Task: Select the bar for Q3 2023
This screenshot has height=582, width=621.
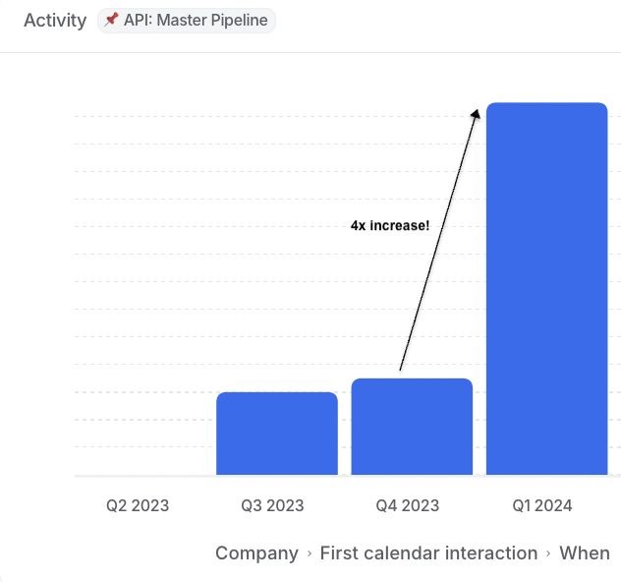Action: click(276, 434)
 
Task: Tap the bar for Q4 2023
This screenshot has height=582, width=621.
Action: click(412, 427)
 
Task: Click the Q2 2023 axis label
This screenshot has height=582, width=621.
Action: click(138, 506)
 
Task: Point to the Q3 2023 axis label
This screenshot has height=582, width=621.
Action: click(272, 506)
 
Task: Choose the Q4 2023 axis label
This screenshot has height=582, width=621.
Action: click(407, 506)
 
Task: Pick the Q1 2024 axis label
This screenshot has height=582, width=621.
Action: click(541, 506)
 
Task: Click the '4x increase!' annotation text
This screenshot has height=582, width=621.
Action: click(390, 226)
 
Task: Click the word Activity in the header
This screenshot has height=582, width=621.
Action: click(55, 21)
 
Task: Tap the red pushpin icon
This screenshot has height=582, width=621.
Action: click(111, 21)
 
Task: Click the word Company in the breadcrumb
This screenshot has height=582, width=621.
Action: click(256, 553)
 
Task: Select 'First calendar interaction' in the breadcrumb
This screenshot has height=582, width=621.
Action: click(428, 553)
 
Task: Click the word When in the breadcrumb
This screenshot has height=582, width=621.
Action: click(585, 553)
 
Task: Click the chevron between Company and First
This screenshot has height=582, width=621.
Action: click(310, 554)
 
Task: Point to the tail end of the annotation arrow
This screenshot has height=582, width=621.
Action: click(400, 370)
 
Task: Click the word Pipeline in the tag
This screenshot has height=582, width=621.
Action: click(235, 21)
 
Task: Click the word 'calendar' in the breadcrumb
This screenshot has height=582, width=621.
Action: click(399, 553)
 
